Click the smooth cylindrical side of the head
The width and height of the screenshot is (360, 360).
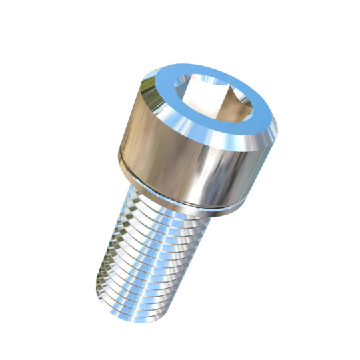(167, 143)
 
